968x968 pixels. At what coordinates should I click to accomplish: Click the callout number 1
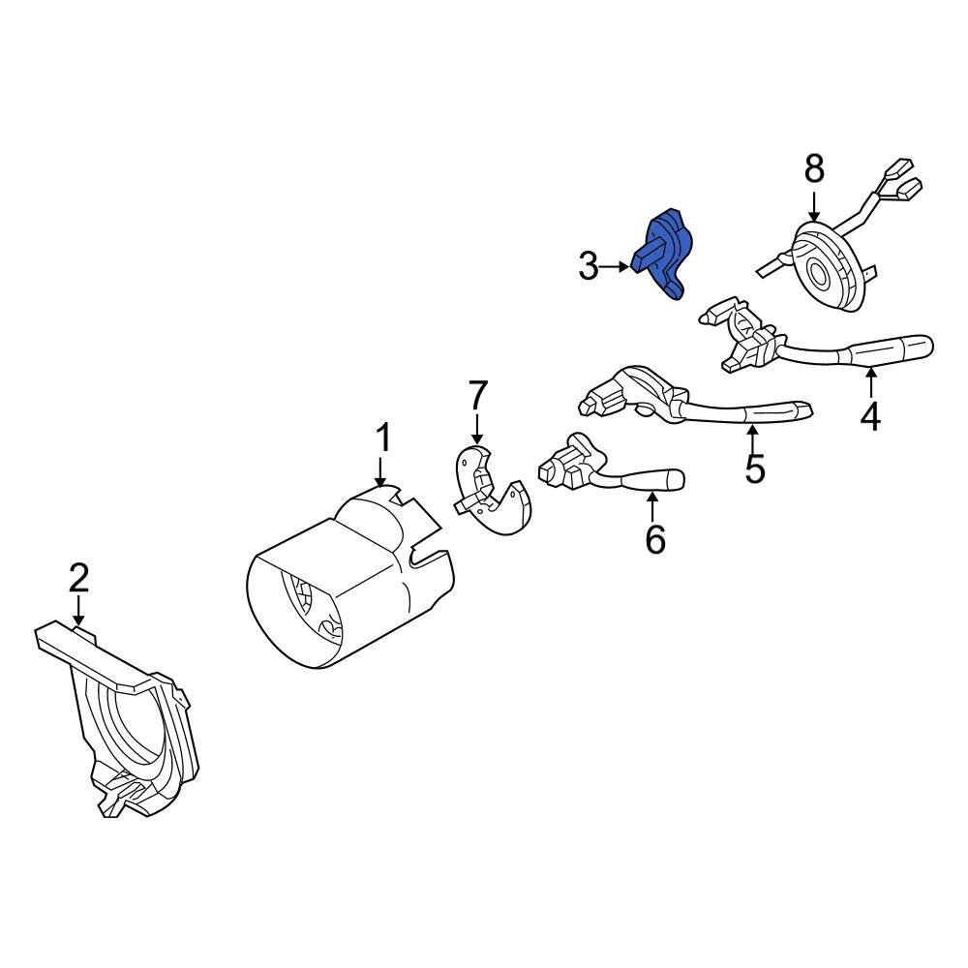[x=383, y=439]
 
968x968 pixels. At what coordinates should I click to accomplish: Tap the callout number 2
[x=78, y=578]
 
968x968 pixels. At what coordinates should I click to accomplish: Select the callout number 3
[x=588, y=265]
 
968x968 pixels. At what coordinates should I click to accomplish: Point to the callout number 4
[x=870, y=415]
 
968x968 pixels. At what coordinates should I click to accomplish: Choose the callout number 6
[x=655, y=539]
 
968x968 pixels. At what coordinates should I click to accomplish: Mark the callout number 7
[x=478, y=395]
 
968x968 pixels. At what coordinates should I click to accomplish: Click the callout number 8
[x=814, y=168]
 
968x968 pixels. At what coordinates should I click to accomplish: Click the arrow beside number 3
[x=617, y=265]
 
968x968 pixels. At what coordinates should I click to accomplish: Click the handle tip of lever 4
[x=915, y=346]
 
